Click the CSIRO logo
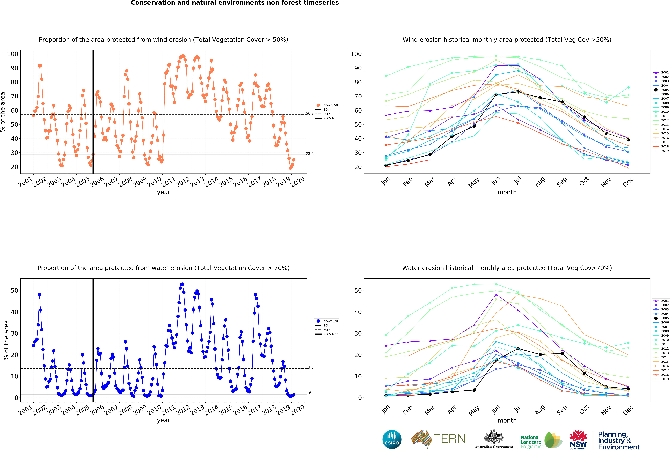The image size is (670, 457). pos(392,439)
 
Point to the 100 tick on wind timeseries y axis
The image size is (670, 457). pos(13,54)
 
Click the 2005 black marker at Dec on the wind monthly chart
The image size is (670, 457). pos(628,140)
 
